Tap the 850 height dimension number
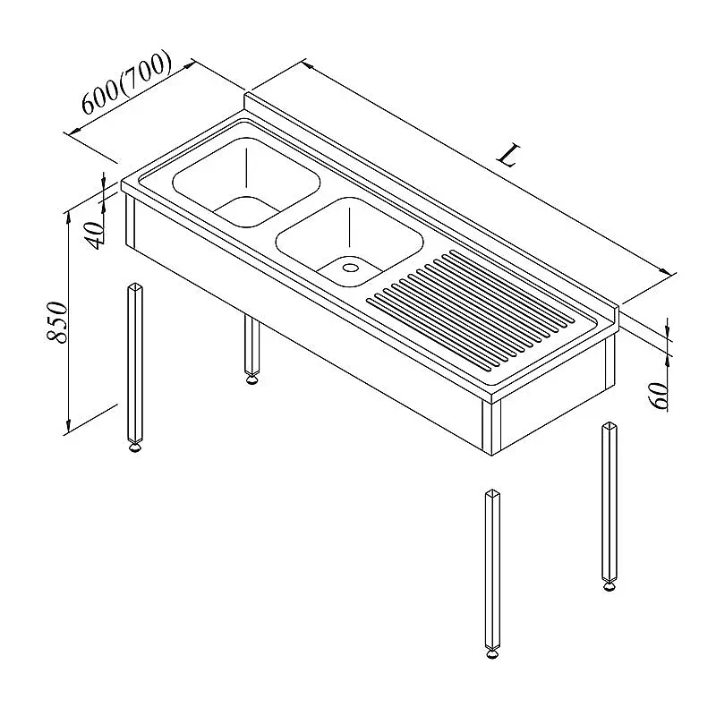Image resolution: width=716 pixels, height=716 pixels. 58,321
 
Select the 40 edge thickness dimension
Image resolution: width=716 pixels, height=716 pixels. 96,235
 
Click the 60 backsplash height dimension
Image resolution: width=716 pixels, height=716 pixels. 658,396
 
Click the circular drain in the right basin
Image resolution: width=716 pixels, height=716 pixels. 351,268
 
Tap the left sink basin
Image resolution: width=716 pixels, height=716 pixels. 246,182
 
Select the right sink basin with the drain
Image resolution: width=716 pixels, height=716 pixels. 349,242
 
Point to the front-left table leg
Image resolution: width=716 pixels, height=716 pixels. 135,363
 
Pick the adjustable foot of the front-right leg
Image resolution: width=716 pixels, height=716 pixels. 492,654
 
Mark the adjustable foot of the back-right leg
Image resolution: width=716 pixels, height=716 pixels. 609,586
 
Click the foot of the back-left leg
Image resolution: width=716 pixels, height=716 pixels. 251,379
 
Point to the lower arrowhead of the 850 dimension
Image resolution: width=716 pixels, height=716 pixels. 68,427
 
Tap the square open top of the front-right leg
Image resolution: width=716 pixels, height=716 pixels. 492,493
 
